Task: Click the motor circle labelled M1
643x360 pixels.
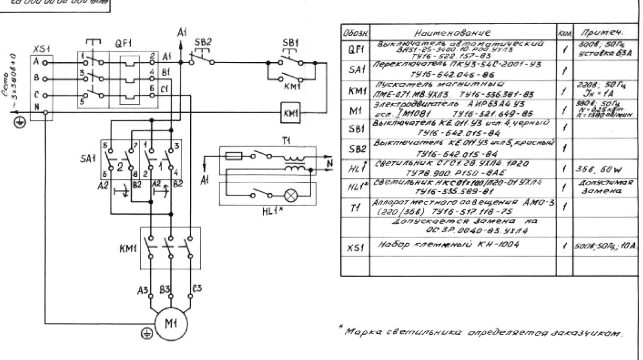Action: [x=171, y=324]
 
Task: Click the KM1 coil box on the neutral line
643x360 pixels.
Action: [x=290, y=113]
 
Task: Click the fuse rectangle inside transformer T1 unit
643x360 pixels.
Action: [x=234, y=156]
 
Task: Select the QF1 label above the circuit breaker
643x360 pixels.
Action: [x=123, y=44]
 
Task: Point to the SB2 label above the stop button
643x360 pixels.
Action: [x=203, y=42]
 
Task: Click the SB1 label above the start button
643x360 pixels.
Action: [x=291, y=43]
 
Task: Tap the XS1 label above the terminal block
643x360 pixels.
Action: [x=42, y=50]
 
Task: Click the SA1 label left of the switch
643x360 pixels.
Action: [x=88, y=158]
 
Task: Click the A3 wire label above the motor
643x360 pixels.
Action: [x=143, y=290]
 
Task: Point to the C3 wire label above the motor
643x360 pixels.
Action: [x=197, y=289]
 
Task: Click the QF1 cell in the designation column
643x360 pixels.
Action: [x=356, y=50]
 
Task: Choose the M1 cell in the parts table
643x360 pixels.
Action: [x=356, y=111]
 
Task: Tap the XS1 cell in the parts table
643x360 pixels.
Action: [x=356, y=248]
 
